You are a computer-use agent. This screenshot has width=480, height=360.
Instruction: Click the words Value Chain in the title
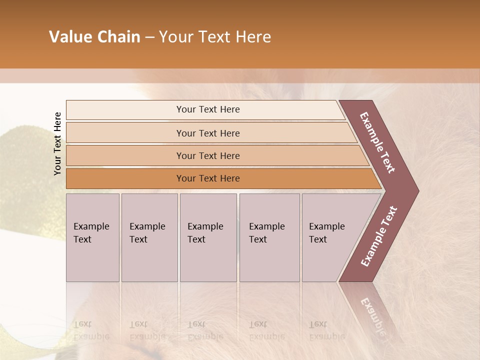click(x=94, y=37)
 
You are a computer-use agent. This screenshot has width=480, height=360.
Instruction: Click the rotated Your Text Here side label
click(x=57, y=143)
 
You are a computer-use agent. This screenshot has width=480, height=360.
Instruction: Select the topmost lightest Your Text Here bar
click(x=208, y=109)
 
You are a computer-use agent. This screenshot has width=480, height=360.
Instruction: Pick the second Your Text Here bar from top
click(x=208, y=133)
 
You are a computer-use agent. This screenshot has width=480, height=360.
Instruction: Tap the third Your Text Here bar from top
click(x=208, y=155)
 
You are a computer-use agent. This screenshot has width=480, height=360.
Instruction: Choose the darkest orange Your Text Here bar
click(x=208, y=178)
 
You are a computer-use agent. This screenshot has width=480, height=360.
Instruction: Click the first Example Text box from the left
click(x=92, y=237)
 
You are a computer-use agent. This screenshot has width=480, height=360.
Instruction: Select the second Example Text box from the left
click(x=149, y=237)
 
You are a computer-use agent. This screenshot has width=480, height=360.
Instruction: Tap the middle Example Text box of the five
click(x=208, y=237)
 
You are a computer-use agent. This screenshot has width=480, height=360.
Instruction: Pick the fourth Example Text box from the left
click(x=269, y=237)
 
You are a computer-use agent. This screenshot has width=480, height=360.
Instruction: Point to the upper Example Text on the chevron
click(x=377, y=142)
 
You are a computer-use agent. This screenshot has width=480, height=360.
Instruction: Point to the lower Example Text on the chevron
click(x=379, y=236)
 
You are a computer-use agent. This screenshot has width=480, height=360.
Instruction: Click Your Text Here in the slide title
click(x=215, y=37)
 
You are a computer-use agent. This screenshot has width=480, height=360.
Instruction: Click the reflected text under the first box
click(x=91, y=330)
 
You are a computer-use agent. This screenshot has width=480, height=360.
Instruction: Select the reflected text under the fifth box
click(x=327, y=330)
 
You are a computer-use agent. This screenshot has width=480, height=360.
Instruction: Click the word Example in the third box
click(x=205, y=226)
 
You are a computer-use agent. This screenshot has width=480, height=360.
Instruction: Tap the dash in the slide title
click(x=149, y=37)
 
